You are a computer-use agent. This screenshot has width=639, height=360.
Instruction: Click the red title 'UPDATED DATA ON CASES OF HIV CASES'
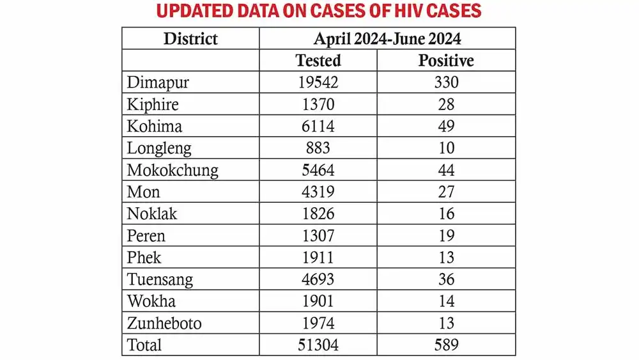coord(319,11)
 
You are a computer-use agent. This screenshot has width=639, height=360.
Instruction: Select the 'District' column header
coord(190,38)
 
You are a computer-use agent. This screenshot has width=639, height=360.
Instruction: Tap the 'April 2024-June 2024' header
coord(387,38)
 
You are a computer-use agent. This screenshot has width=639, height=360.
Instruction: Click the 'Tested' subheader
coord(318,60)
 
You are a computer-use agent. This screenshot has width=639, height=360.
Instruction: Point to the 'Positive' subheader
coord(446,60)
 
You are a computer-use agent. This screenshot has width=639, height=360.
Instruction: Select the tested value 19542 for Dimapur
coord(318,82)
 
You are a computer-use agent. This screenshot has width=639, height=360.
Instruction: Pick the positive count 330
coord(446,82)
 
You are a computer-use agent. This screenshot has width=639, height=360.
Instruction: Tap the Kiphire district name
coord(153,104)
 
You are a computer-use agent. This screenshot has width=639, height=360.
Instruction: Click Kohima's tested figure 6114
coord(318,126)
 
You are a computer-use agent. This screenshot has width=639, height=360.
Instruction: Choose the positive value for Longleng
coord(446,148)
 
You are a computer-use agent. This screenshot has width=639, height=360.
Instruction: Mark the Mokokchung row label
coord(173,170)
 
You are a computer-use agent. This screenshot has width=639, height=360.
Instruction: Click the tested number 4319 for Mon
coord(318,192)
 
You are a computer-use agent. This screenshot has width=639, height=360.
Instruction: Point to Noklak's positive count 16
coord(446,214)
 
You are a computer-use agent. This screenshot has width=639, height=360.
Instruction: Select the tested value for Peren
coord(318,235)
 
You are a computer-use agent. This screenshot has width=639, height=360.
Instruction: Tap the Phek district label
coord(144,257)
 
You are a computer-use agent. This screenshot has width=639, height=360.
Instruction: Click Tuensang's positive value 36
coord(446,279)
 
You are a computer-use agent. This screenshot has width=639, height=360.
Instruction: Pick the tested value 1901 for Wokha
coord(318,301)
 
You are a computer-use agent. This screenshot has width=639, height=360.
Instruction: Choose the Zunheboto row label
coord(164,323)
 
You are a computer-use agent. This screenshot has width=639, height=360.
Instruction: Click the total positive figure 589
coord(446,345)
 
